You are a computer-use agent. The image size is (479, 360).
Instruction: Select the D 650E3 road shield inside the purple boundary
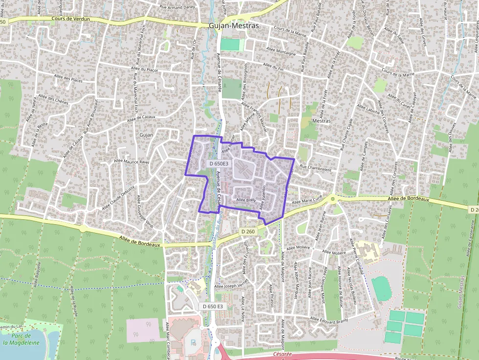(218, 164)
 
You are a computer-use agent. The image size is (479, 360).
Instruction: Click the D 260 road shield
(248, 231)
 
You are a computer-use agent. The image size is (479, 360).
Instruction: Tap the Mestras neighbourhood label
(321, 121)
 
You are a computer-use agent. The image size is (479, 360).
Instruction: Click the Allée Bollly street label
(246, 200)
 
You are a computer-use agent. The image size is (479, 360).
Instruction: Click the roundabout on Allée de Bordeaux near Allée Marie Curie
(332, 198)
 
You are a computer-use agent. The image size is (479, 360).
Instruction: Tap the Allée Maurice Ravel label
(131, 161)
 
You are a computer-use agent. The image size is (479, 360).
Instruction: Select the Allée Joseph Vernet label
(232, 287)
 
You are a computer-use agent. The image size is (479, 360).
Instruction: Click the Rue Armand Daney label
(177, 7)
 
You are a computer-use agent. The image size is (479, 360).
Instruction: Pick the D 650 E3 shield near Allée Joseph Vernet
(213, 306)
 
